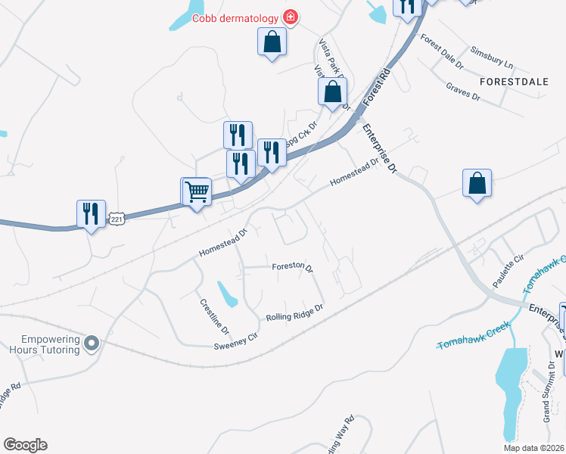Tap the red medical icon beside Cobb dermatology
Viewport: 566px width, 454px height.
(x=290, y=17)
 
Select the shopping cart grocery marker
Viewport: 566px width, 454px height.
(x=197, y=193)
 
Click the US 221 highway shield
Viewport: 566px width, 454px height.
(x=116, y=218)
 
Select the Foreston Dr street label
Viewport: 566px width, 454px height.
(x=293, y=267)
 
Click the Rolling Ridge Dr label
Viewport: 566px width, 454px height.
(x=294, y=313)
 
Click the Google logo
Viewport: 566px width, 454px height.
(x=25, y=445)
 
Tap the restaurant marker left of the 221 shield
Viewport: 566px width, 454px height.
(x=91, y=214)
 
